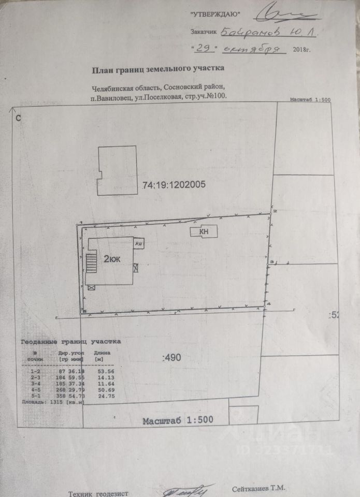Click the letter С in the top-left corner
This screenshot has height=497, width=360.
click(18, 118)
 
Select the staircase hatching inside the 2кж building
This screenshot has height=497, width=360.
click(92, 261)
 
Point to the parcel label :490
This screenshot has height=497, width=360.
click(172, 356)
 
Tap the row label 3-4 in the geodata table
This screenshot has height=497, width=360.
click(36, 384)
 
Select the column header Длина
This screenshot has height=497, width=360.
click(102, 353)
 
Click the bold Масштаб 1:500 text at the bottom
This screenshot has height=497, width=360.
click(178, 420)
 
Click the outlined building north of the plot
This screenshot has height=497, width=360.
click(117, 170)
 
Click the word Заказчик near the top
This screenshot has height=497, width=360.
click(204, 32)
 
